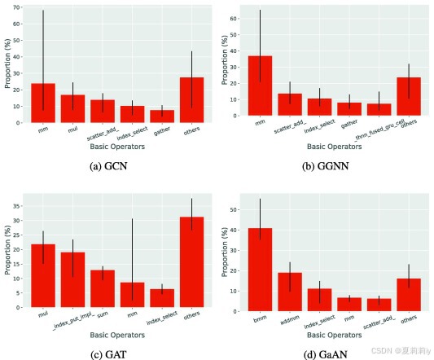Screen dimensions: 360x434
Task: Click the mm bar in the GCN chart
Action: (43, 103)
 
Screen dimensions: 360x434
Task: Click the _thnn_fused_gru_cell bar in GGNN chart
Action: (379, 110)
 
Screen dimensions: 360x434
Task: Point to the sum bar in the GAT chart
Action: (103, 288)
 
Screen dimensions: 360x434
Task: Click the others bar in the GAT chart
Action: (192, 262)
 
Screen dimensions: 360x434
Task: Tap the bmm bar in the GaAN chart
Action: (261, 270)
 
